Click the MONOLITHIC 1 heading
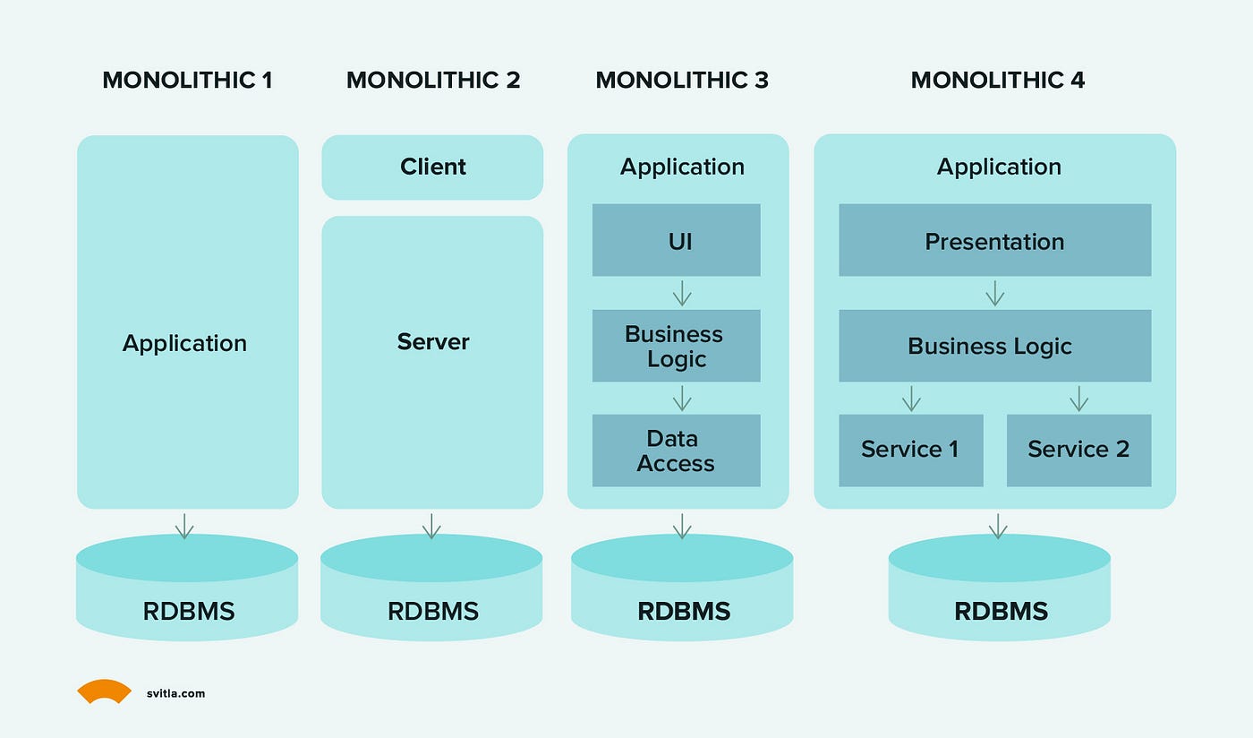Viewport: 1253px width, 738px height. pos(187,80)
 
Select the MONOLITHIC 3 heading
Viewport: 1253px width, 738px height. pos(681,80)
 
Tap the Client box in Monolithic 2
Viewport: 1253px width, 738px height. pos(432,167)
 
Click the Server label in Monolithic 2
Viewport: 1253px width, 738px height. pos(433,342)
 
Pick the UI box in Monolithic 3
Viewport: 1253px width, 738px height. pos(676,240)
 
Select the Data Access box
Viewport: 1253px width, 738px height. pos(676,451)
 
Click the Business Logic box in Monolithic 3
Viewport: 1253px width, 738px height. pos(676,347)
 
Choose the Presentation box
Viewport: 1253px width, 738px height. pos(994,240)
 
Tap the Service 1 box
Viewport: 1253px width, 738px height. pos(910,450)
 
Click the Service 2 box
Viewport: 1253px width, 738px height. pos(1078,450)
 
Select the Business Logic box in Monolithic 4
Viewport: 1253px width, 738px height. pos(994,347)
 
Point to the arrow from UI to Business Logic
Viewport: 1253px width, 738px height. pos(682,293)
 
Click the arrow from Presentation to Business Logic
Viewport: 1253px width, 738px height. pos(994,293)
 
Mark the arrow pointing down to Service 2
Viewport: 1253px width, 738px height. pos(1078,398)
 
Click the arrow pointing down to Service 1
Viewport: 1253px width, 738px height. pos(911,398)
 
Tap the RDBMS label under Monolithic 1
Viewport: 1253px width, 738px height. pos(189,612)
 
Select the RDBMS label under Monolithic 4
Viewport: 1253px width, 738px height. pos(1001,612)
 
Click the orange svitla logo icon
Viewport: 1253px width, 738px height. pos(104,691)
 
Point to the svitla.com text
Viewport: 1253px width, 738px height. pos(175,693)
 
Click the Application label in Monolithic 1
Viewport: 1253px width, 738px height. pos(184,343)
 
